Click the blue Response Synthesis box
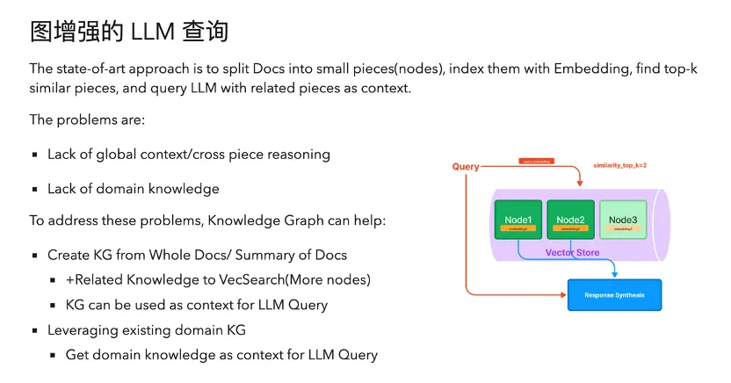tap(614, 295)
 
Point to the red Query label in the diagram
tap(466, 166)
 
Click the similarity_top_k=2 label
tap(620, 165)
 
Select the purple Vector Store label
tap(572, 252)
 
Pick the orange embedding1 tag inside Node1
tap(518, 228)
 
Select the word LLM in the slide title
tap(154, 32)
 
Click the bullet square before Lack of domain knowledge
tap(36, 189)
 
